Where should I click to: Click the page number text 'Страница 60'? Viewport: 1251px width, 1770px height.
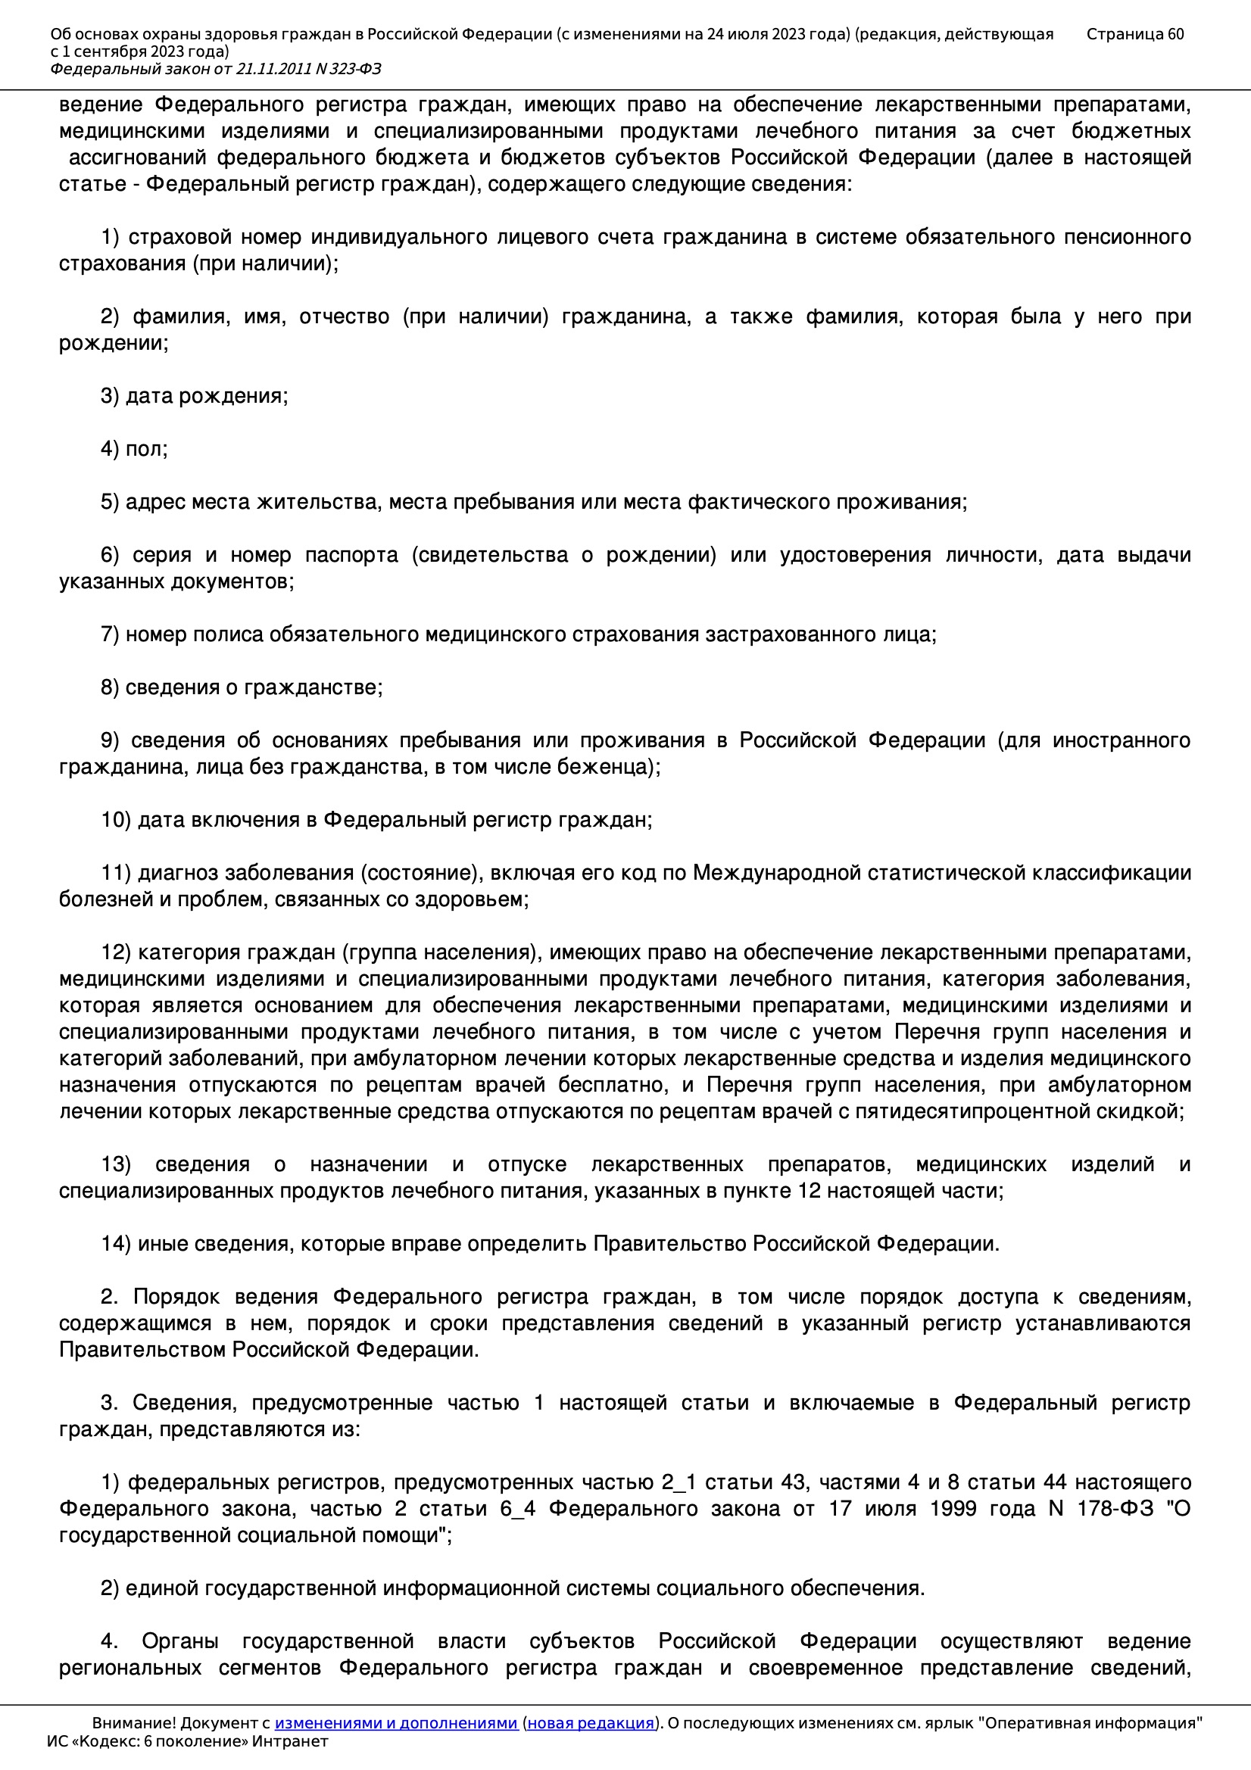1134,34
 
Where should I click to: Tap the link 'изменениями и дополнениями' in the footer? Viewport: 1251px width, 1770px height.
395,1723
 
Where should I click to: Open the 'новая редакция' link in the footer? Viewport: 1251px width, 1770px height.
591,1723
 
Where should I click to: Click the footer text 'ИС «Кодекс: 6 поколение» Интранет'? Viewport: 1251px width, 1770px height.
187,1741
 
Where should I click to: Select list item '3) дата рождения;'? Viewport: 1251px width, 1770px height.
195,396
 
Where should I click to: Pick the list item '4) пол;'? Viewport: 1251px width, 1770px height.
134,449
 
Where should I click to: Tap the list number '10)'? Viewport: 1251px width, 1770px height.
117,819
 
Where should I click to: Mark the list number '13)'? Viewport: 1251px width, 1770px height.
117,1164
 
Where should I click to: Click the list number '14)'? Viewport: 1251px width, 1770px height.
117,1244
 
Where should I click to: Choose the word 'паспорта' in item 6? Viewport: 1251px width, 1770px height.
351,555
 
